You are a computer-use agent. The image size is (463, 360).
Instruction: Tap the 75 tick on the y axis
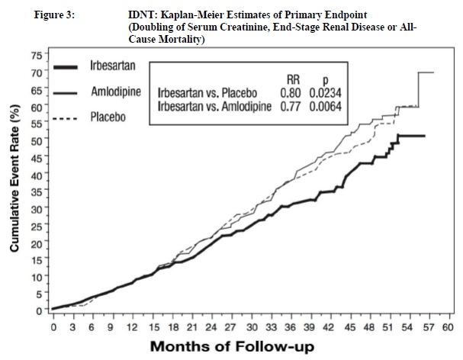pos(36,56)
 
